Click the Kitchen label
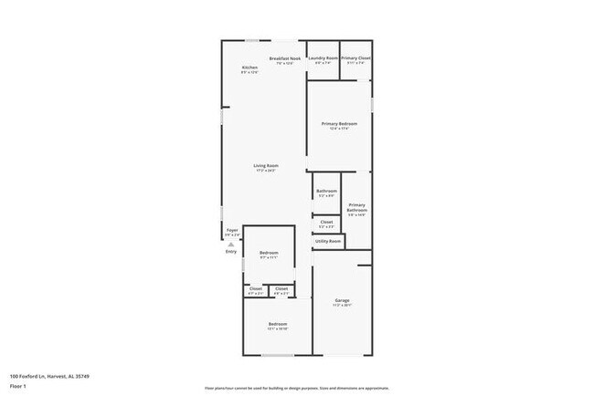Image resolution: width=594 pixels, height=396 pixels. pos(249,68)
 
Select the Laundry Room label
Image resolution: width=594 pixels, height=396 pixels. pos(324,58)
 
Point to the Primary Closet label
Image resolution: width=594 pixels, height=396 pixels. pos(355,58)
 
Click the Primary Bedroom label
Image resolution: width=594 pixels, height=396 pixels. pos(339,123)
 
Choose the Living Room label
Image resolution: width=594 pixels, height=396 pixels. pos(266,165)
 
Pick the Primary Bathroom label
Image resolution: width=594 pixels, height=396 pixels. pos(356,207)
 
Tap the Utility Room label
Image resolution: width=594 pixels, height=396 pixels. pos(328,241)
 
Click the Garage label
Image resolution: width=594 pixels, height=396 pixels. pos(343,300)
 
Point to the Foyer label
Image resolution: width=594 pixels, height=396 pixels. pos(232,230)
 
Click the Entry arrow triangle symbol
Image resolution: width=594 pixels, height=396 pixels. pos(231,245)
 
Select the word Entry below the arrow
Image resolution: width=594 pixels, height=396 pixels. pos(231,251)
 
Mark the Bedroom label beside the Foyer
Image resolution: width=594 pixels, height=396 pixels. pos(269,253)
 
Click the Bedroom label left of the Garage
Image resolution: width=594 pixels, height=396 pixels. pos(278,324)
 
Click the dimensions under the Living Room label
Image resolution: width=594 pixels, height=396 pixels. pos(266,171)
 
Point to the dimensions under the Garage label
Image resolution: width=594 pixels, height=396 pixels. pos(343,306)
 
